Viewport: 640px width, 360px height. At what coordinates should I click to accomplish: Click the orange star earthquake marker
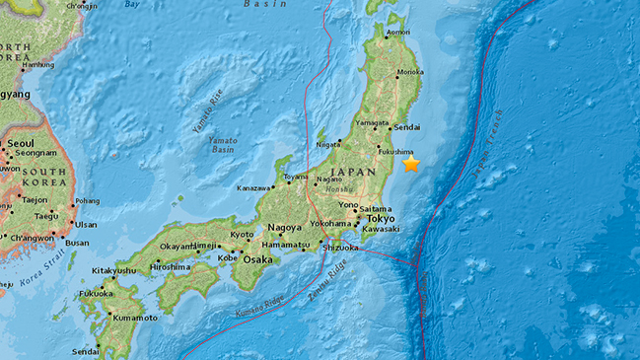point(410,164)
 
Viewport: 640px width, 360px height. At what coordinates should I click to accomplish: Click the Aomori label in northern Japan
point(397,33)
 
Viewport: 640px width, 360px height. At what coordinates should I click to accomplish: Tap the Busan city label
point(77,242)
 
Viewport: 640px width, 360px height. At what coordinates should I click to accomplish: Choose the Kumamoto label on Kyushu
point(133,318)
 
